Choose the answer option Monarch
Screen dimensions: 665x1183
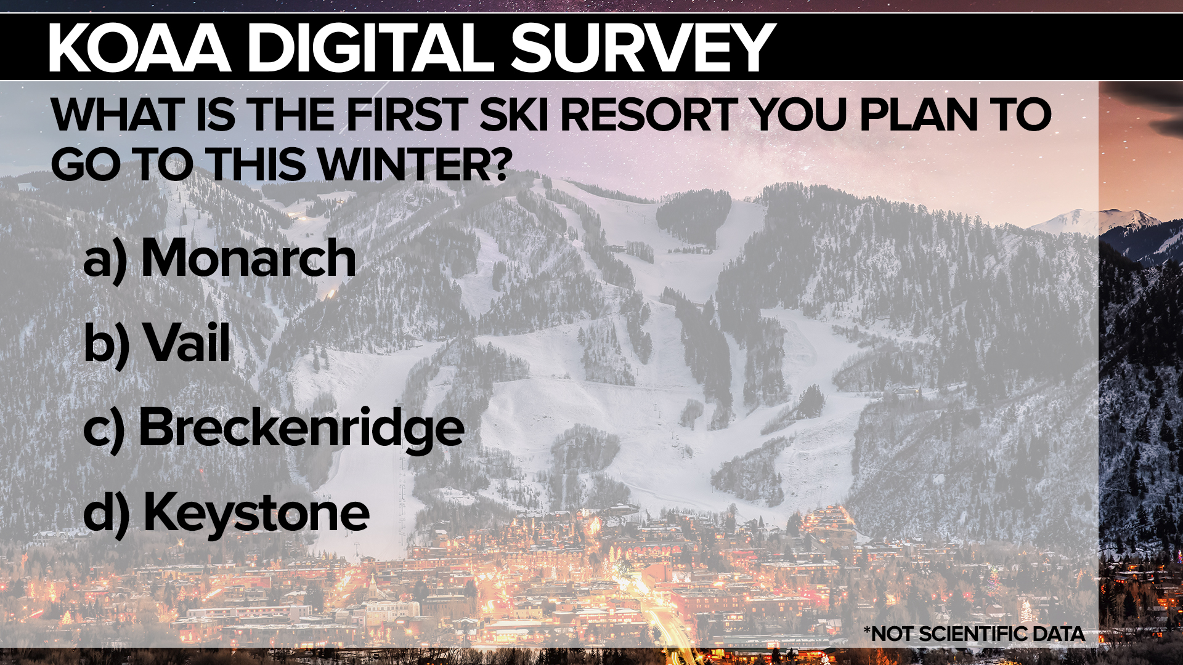pyautogui.click(x=248, y=258)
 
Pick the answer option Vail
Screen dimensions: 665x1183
pyautogui.click(x=187, y=343)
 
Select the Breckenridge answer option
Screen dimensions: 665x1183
pyautogui.click(x=301, y=428)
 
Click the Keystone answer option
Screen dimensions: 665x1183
pyautogui.click(x=256, y=512)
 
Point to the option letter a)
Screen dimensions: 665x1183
pyautogui.click(x=105, y=260)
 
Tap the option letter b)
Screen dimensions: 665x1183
pyautogui.click(x=106, y=344)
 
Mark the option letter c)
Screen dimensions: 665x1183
pyautogui.click(x=104, y=429)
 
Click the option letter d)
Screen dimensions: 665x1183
pyautogui.click(x=106, y=514)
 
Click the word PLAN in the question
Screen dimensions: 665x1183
pyautogui.click(x=919, y=115)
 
